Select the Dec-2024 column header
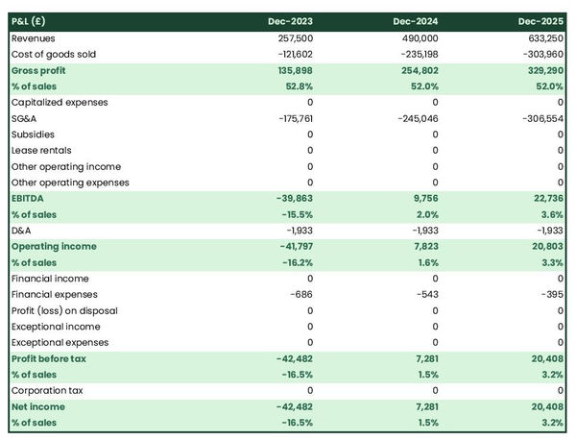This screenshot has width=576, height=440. point(417,21)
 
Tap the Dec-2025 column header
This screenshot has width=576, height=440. point(541,21)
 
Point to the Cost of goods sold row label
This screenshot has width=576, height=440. point(54,54)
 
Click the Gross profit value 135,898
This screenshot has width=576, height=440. point(293,70)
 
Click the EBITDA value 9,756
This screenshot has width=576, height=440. point(424,198)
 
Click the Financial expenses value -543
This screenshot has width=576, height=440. point(427,294)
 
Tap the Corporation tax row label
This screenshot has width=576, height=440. point(46,390)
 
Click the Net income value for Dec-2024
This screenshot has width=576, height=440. point(425,406)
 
